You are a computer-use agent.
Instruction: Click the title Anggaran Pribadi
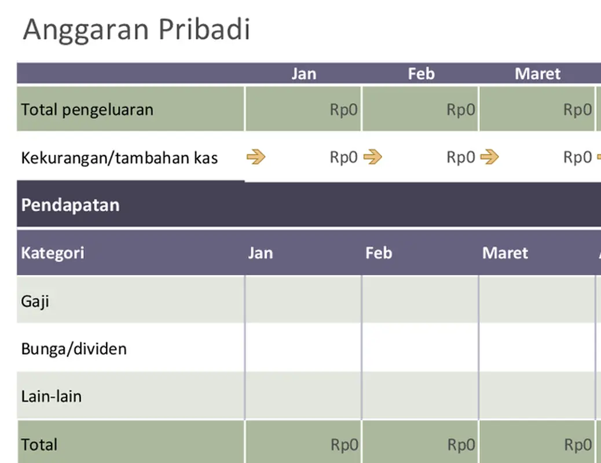pyautogui.click(x=137, y=30)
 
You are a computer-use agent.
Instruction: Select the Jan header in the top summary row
pyautogui.click(x=303, y=74)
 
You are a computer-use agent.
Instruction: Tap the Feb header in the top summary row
pyautogui.click(x=421, y=74)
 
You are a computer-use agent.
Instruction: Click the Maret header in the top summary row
pyautogui.click(x=537, y=74)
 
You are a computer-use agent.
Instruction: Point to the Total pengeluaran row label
pyautogui.click(x=87, y=109)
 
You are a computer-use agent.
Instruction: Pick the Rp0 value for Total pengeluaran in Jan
pyautogui.click(x=344, y=109)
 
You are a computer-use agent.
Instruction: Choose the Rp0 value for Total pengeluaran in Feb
pyautogui.click(x=461, y=109)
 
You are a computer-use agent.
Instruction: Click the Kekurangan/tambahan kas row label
pyautogui.click(x=119, y=157)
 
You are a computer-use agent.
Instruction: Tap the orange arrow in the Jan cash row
pyautogui.click(x=255, y=157)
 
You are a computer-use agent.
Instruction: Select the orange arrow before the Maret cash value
pyautogui.click(x=489, y=157)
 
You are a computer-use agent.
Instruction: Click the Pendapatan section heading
pyautogui.click(x=70, y=205)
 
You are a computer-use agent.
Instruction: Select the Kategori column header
pyautogui.click(x=53, y=253)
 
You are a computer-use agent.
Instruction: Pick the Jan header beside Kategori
pyautogui.click(x=261, y=253)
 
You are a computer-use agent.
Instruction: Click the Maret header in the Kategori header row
pyautogui.click(x=505, y=253)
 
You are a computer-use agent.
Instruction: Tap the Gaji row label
pyautogui.click(x=35, y=301)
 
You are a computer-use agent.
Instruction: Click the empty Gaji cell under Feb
pyautogui.click(x=420, y=300)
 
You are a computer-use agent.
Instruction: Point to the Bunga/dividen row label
pyautogui.click(x=74, y=348)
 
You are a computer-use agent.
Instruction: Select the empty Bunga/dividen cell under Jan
pyautogui.click(x=303, y=348)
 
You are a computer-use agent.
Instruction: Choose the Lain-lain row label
pyautogui.click(x=51, y=396)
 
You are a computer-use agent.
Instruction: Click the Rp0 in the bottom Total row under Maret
pyautogui.click(x=578, y=444)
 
